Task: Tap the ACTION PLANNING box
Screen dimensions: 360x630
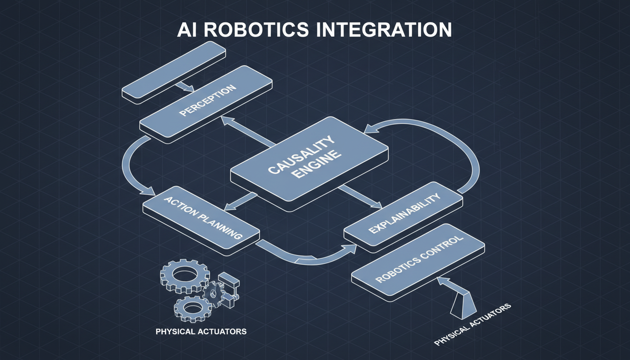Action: (202, 218)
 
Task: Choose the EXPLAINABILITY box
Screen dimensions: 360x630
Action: (403, 216)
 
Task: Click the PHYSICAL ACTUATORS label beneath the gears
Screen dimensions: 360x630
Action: (201, 331)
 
